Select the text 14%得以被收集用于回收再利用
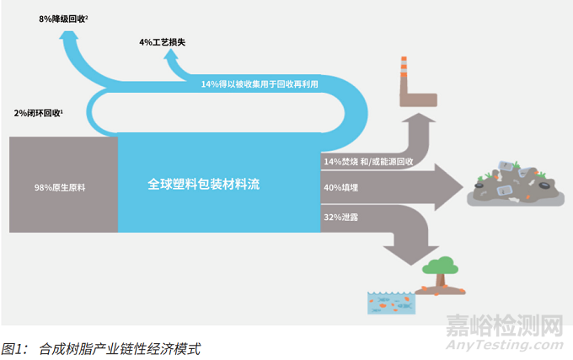260,84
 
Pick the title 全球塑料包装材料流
203,182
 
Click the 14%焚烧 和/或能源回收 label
367,160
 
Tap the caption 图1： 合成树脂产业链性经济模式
101,347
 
